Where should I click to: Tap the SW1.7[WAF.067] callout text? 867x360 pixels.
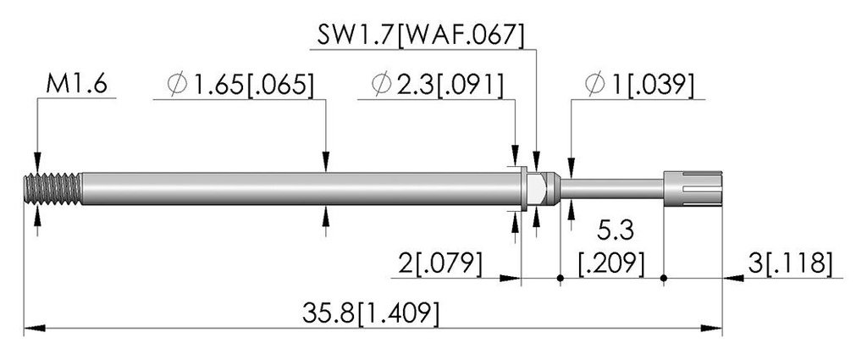coord(420,36)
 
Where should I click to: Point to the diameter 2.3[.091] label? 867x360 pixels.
coord(438,85)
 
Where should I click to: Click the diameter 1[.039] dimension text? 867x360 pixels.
coord(638,85)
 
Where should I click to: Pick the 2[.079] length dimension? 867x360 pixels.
coord(440,264)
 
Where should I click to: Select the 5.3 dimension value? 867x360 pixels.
coord(615,231)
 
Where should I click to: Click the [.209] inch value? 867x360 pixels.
coord(611,264)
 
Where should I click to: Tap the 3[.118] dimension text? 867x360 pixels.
coord(790,264)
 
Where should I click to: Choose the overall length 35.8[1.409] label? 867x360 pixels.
coord(371,313)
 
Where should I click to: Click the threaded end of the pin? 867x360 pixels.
coord(53,189)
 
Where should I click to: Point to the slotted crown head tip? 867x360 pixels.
coord(693,189)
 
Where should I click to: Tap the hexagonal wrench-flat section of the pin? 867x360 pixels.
coord(540,189)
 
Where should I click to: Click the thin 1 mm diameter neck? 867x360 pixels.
coord(611,189)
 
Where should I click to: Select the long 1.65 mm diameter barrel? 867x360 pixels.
coord(301,189)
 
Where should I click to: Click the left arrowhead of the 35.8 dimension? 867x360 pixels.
coord(35,329)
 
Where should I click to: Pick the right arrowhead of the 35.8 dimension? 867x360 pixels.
coord(711,329)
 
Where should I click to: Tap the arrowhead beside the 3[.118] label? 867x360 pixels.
coord(733,278)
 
